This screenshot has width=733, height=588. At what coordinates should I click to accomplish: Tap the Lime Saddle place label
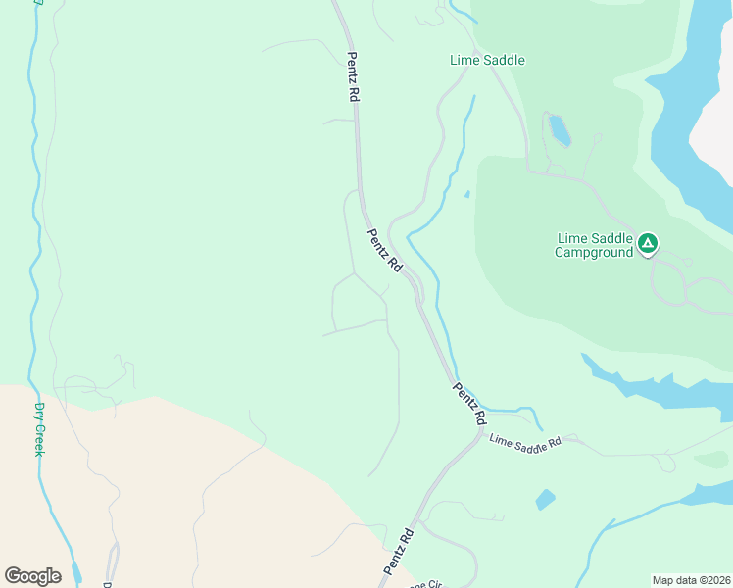point(487,60)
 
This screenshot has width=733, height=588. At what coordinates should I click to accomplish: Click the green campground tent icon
point(647,242)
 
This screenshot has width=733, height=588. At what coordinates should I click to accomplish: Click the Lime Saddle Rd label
point(525,442)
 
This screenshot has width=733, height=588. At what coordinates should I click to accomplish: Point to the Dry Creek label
point(40,428)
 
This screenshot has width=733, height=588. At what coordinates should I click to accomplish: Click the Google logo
point(32,576)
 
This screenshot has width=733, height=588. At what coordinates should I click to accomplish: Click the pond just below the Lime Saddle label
point(559,129)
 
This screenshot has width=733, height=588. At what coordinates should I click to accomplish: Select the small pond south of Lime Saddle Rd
point(545,500)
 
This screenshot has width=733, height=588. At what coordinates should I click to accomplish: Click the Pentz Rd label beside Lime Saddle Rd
point(469,403)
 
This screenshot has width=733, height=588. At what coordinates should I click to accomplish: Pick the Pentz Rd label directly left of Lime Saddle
point(353,77)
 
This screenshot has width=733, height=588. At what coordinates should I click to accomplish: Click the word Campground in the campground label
point(594,252)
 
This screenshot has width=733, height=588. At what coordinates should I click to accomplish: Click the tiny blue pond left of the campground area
point(466,194)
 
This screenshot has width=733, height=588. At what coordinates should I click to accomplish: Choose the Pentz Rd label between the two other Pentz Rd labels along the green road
point(385,250)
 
